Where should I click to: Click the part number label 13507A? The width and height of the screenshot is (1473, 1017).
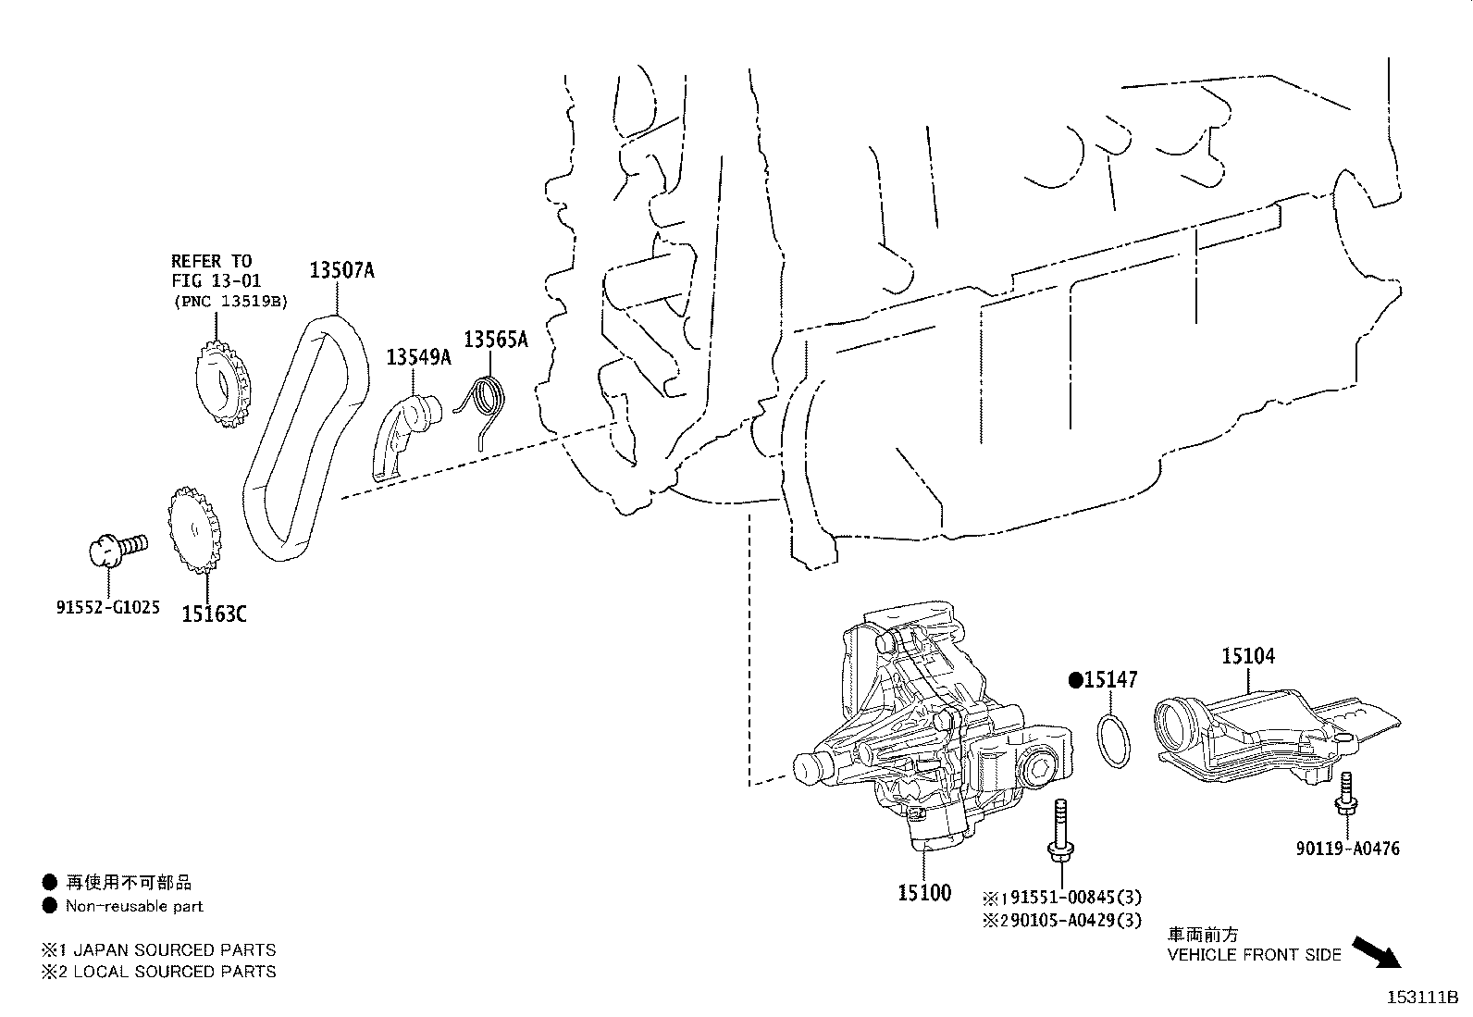coord(340,270)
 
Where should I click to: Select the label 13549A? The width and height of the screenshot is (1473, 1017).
coord(418,356)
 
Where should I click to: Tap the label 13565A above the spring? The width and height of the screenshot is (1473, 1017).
coord(495,340)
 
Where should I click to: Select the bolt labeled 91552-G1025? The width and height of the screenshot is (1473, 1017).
coord(115,548)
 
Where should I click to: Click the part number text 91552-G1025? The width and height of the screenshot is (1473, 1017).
coord(107,608)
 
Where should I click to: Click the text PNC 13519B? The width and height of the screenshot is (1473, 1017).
coord(230,302)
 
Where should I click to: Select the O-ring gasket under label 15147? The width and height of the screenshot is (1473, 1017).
coord(1113,739)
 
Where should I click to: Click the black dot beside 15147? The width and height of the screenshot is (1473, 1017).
coord(1075,680)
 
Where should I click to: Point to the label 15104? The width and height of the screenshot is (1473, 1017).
coord(1247,656)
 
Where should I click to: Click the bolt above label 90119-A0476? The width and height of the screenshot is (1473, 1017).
coord(1343,799)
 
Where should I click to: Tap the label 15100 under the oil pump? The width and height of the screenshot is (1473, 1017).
coord(923,893)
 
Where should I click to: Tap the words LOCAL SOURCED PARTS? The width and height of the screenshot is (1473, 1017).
coord(174,971)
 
